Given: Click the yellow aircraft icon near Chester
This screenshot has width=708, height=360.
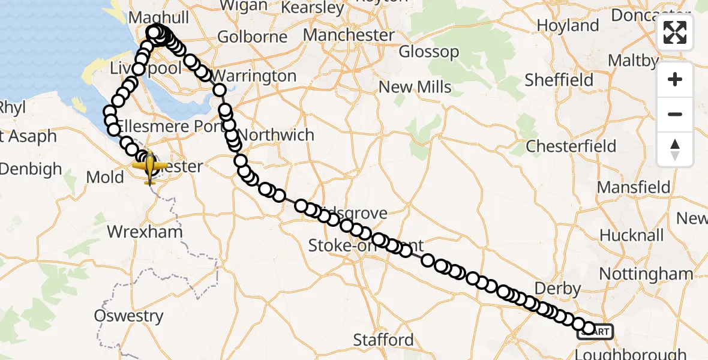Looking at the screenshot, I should tap(149, 166).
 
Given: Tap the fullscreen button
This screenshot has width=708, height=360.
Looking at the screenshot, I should tap(675, 32).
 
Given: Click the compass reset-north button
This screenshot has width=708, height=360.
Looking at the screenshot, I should tap(675, 149).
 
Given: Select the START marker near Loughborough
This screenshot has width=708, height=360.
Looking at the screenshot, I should tap(596, 332).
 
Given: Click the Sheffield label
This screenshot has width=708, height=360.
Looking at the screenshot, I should tap(559, 80).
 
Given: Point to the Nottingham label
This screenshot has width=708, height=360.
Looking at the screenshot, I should tap(646, 274).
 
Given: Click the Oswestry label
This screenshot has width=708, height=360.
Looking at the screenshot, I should tap(128, 316).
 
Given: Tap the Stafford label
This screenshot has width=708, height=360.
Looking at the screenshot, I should tap(383, 340).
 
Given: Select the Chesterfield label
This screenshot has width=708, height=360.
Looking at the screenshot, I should tap(571, 146).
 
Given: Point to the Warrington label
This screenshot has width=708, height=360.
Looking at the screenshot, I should tap(254, 76).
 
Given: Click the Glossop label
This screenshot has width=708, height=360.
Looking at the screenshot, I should tap(429, 52).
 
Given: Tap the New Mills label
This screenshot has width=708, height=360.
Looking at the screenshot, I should tap(415, 87).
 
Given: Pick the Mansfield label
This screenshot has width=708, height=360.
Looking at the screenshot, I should tap(633, 187).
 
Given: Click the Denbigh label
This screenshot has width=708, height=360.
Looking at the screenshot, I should tap(31, 169).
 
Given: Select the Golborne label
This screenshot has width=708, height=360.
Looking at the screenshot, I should tap(252, 37).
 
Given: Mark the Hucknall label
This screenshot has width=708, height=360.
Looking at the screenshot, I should tap(632, 235).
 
